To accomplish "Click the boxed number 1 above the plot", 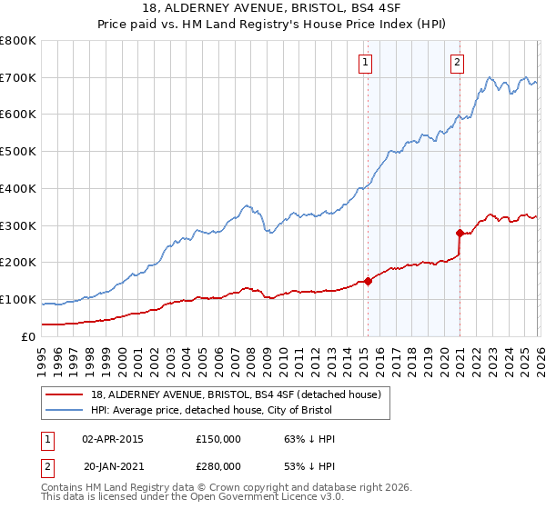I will pos(366,63).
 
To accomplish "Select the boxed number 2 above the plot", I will pos(457,63).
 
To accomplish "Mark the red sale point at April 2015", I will pos(368,281).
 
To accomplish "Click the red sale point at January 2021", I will pos(460,233).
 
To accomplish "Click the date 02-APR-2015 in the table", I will pos(113,439).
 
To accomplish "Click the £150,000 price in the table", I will pos(218,439).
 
